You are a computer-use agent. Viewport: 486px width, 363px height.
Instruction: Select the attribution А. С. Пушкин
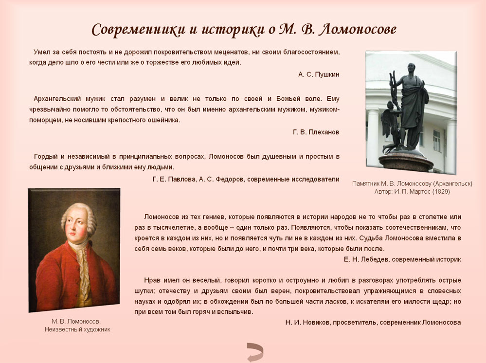(319, 74)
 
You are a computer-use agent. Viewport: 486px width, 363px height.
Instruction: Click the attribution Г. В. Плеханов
(316, 132)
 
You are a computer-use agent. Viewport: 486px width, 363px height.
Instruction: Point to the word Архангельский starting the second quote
(57, 99)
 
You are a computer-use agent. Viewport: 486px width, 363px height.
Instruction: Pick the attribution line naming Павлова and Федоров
(246, 179)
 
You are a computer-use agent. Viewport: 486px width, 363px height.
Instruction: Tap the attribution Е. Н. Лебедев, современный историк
(402, 259)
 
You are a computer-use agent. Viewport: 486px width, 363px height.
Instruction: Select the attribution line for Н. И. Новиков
(373, 323)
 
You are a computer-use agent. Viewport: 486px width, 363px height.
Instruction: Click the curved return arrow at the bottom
(255, 352)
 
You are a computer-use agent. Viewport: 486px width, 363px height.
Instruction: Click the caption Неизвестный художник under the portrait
(77, 329)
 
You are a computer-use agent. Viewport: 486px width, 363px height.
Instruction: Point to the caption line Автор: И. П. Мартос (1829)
(412, 192)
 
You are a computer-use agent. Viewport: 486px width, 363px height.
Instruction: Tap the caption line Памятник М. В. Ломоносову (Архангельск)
(412, 183)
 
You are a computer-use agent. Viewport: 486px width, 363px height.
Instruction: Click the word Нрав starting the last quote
(152, 281)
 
